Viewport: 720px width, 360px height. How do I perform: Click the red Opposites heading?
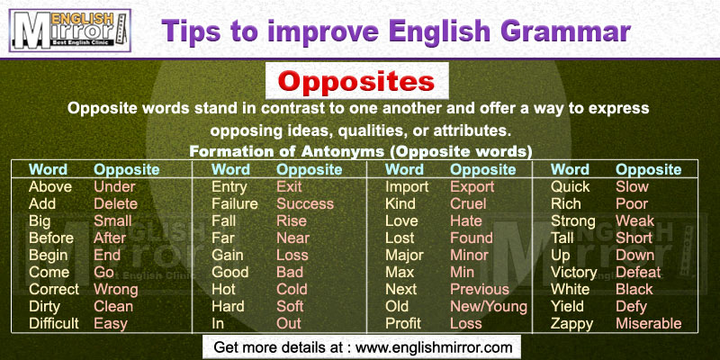[356, 81]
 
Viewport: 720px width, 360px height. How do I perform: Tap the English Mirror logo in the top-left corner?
[70, 31]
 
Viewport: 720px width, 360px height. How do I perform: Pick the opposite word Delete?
[116, 204]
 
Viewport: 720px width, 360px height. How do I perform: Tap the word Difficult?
[54, 323]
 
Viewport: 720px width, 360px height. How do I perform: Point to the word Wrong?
[116, 289]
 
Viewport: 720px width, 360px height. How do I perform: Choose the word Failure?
[235, 204]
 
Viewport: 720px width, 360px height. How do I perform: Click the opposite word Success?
[305, 204]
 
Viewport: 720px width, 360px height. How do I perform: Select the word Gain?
[228, 255]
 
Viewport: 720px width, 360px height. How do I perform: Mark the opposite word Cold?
[292, 289]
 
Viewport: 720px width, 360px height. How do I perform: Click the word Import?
[407, 187]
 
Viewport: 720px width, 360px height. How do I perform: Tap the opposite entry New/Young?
[489, 306]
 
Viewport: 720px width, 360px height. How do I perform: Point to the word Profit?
[403, 323]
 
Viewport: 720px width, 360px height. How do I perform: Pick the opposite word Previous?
[480, 289]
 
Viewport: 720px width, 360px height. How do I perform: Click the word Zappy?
[571, 324]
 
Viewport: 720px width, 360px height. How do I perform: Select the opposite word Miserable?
[648, 323]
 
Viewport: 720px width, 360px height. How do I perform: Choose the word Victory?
[573, 273]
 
